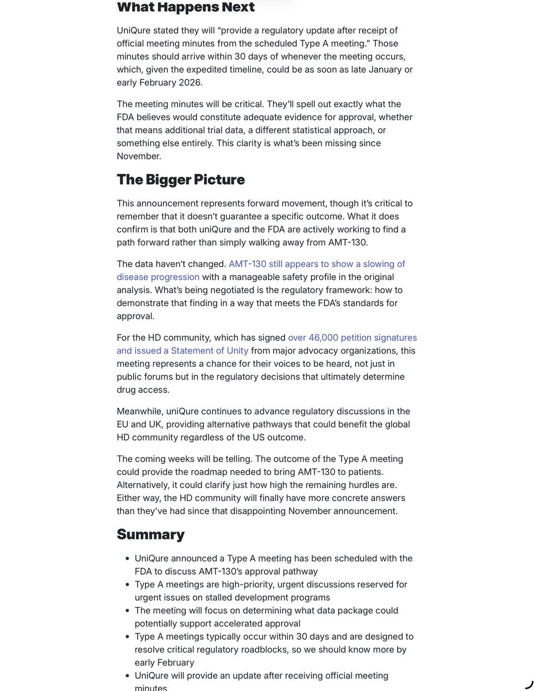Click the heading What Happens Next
185,7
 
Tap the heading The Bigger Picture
180,179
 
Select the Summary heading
150,534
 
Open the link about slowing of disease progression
317,264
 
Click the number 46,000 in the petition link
328,337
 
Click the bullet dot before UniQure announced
126,559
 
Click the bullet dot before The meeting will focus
126,611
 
